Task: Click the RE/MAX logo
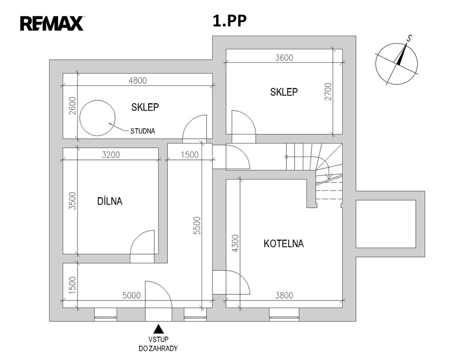(52, 22)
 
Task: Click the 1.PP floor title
(229, 22)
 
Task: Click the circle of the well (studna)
(97, 119)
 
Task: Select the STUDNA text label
(142, 132)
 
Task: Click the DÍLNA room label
(110, 201)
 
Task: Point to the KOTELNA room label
(284, 244)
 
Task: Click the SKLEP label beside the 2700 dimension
(284, 92)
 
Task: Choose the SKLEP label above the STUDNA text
(145, 107)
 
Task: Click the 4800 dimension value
(137, 80)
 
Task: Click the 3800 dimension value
(284, 295)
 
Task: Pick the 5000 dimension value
(131, 296)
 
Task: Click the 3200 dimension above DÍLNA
(111, 155)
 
